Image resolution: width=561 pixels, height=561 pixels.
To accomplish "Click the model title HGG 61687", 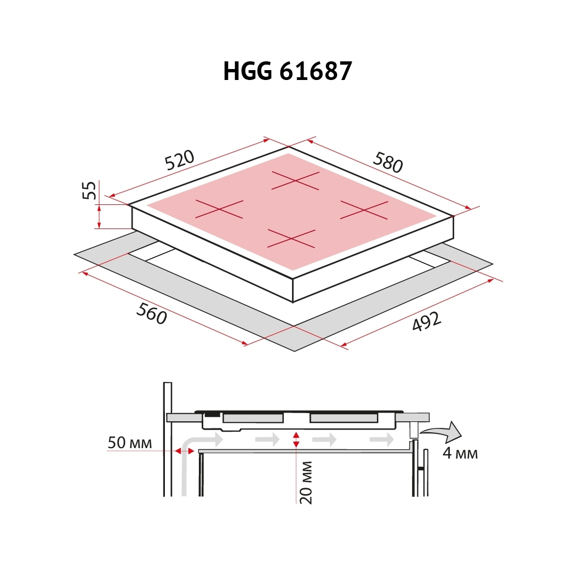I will [x=287, y=71].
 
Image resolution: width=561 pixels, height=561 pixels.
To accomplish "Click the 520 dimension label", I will [x=179, y=159].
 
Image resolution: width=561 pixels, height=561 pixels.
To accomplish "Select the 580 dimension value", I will [x=388, y=162].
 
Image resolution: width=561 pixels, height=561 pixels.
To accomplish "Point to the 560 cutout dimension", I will [x=151, y=314].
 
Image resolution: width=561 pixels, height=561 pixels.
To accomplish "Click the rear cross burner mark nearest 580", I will [x=296, y=180].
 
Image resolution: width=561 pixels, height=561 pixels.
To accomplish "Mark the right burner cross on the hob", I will [x=364, y=209].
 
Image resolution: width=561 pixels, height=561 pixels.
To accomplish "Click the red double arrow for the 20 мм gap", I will [x=296, y=438].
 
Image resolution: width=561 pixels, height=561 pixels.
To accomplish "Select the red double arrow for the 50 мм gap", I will [x=185, y=451].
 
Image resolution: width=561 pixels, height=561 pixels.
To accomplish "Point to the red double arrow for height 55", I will [x=99, y=216].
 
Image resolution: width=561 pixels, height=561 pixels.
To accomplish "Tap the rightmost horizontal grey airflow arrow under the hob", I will [x=381, y=439].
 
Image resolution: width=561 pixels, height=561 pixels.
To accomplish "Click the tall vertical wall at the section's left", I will [x=168, y=438].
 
